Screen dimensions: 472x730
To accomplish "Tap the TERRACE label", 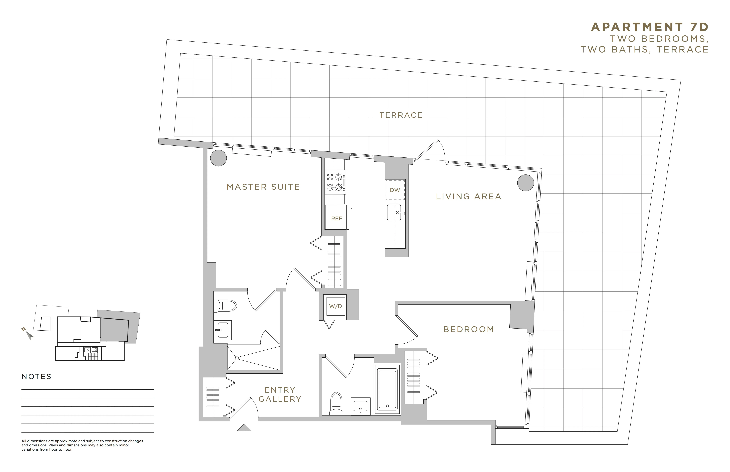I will click(401, 115).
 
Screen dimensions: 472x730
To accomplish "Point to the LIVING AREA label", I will click(468, 197).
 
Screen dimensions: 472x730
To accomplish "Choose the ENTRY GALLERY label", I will click(280, 394).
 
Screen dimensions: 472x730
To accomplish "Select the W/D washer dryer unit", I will click(336, 306).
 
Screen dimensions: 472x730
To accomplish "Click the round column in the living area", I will click(525, 183).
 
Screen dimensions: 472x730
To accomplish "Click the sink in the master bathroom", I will click(222, 330).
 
